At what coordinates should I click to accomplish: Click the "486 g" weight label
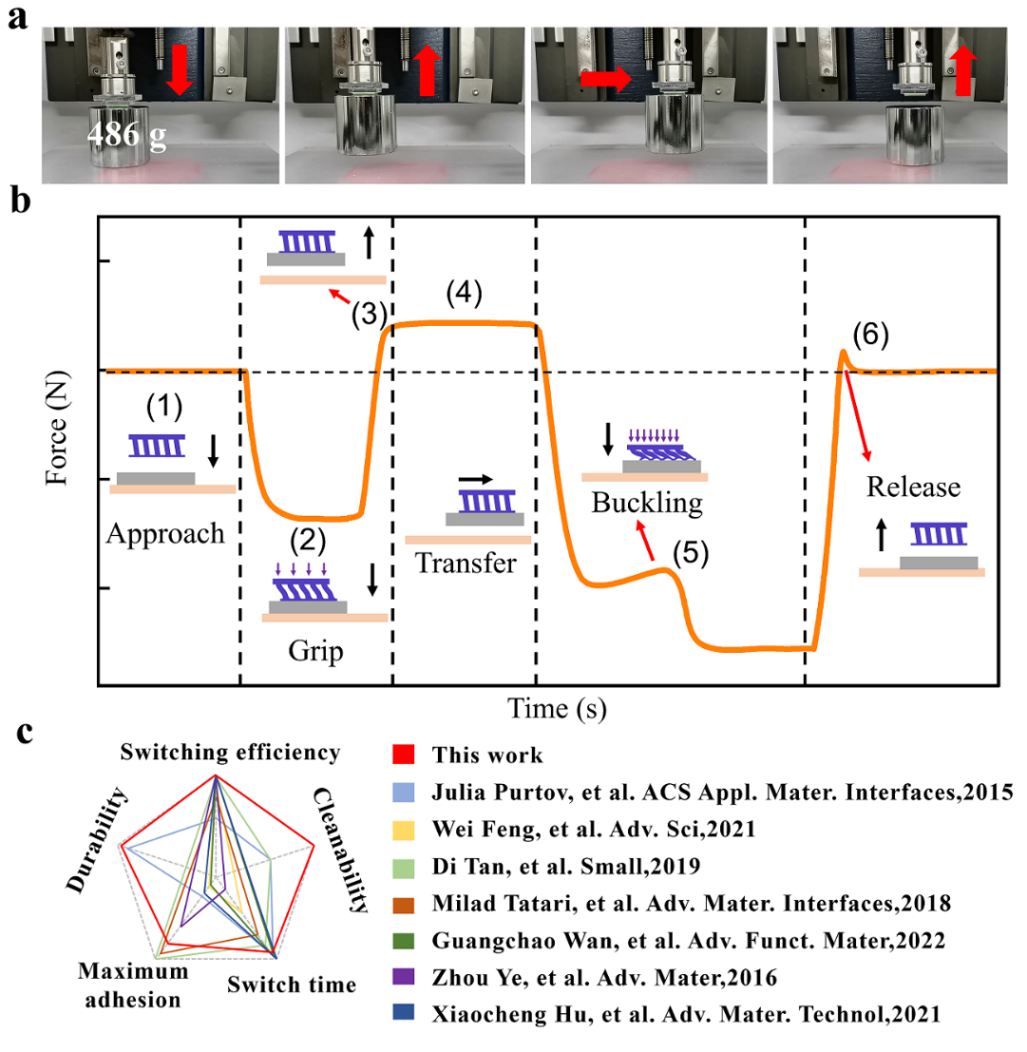point(126,136)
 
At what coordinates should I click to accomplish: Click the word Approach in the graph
point(165,533)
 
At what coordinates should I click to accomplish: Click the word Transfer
point(466,564)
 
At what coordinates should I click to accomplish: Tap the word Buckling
point(646,502)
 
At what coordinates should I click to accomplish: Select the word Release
point(913,488)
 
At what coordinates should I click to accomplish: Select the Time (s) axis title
point(556,707)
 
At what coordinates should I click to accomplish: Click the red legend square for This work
point(402,756)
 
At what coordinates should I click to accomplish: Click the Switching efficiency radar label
point(230,753)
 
